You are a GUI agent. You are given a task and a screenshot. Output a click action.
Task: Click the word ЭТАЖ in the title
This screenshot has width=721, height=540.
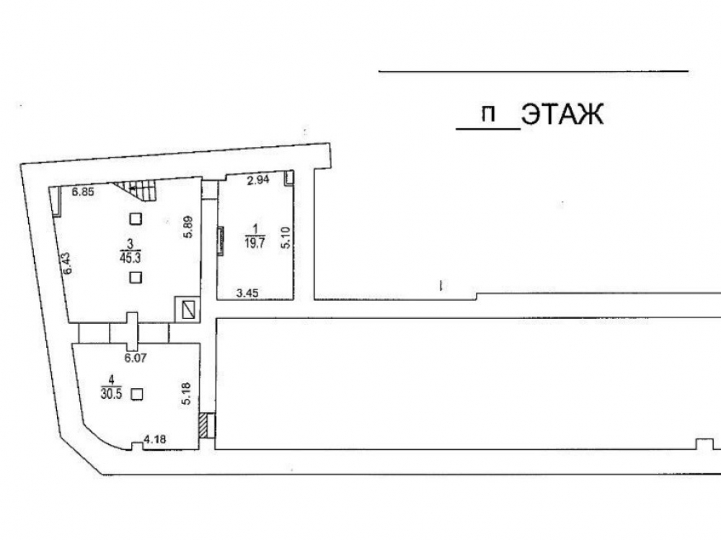click(x=562, y=114)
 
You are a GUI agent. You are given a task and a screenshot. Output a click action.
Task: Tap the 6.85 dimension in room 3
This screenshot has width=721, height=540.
click(x=83, y=192)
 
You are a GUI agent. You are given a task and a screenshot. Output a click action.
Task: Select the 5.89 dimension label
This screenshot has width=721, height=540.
click(x=188, y=227)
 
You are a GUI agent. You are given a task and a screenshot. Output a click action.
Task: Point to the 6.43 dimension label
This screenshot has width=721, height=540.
click(x=67, y=264)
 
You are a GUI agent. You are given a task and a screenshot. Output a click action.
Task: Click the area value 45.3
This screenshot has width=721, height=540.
click(x=130, y=258)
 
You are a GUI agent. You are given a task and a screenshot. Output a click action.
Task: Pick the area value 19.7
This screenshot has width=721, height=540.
click(x=255, y=243)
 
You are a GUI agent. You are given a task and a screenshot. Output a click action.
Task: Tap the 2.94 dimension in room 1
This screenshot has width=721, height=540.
click(x=258, y=180)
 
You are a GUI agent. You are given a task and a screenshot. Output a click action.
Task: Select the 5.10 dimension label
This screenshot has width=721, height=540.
click(x=286, y=238)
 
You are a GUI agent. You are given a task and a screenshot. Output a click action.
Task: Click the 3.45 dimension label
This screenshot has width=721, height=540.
click(x=247, y=292)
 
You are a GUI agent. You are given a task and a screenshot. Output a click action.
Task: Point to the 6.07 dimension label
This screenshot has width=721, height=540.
click(x=136, y=357)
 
